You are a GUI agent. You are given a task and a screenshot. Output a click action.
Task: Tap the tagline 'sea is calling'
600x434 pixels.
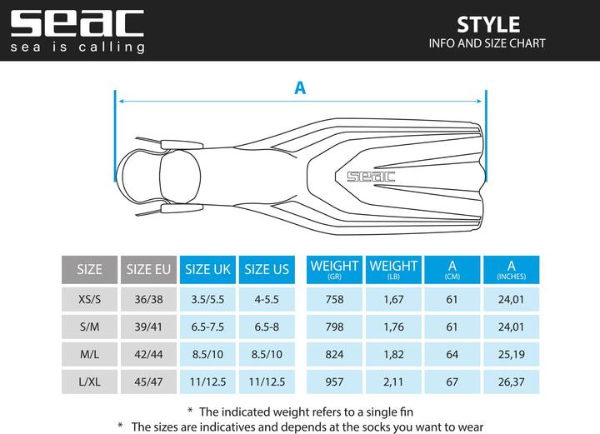(x=77, y=47)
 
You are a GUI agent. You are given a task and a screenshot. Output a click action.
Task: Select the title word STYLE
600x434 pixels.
(x=488, y=23)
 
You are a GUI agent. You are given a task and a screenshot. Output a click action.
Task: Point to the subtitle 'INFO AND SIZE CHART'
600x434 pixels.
(x=488, y=43)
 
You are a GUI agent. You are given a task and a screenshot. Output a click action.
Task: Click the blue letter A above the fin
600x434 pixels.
(x=300, y=87)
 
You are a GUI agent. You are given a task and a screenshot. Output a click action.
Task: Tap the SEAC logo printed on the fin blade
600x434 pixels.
(x=371, y=176)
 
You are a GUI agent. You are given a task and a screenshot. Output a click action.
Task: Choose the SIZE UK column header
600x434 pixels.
(x=207, y=269)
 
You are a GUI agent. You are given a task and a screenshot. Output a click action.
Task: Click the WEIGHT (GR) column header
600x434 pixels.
(x=334, y=269)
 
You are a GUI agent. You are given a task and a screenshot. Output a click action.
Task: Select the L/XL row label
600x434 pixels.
(x=89, y=383)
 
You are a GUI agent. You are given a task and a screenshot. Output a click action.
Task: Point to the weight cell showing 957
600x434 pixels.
(x=334, y=383)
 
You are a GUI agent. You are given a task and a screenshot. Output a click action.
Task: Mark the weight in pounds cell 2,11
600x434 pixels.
(x=392, y=383)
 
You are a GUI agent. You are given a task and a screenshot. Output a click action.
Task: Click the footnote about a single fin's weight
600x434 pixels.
(x=299, y=411)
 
